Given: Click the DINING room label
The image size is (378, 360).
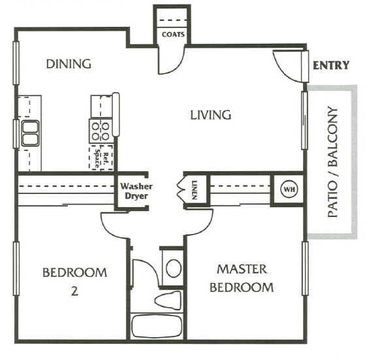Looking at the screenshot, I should pyautogui.click(x=68, y=64).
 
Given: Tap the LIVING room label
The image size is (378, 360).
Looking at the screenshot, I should pyautogui.click(x=210, y=116).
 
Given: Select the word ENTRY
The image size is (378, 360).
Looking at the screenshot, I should pyautogui.click(x=331, y=65).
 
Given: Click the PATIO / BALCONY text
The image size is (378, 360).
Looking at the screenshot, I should pyautogui.click(x=334, y=161).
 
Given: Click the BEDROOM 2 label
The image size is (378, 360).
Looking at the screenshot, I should pyautogui.click(x=74, y=281).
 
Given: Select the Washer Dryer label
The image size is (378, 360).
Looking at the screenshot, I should pyautogui.click(x=136, y=191).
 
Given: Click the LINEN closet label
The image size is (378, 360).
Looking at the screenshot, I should pyautogui.click(x=195, y=190).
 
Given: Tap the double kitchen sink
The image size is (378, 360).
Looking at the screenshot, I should pyautogui.click(x=30, y=133).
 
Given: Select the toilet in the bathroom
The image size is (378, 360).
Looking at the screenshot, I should pyautogui.click(x=168, y=300).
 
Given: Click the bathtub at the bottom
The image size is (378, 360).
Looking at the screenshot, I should pyautogui.click(x=157, y=326).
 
